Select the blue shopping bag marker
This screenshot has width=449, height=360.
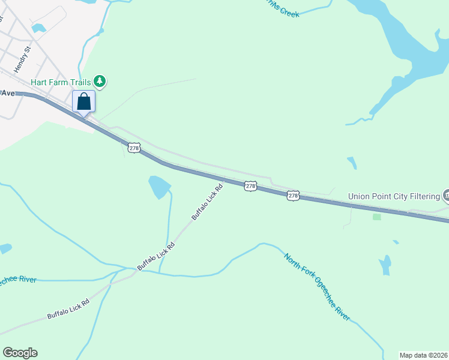click(83, 101)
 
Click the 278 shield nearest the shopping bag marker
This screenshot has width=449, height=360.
click(134, 147)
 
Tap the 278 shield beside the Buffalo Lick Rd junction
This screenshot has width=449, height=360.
click(251, 187)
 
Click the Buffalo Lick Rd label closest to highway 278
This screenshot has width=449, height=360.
click(207, 201)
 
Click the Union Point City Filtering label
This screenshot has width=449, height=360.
click(394, 196)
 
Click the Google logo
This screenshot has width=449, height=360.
click(20, 353)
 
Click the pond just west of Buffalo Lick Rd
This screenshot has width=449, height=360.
click(159, 187)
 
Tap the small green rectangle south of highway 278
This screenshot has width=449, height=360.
click(376, 217)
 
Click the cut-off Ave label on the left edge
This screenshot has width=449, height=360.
click(7, 93)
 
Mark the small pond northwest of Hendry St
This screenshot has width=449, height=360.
click(38, 28)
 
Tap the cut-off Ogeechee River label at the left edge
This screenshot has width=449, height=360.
click(18, 280)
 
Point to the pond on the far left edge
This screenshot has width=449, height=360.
click(4, 248)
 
